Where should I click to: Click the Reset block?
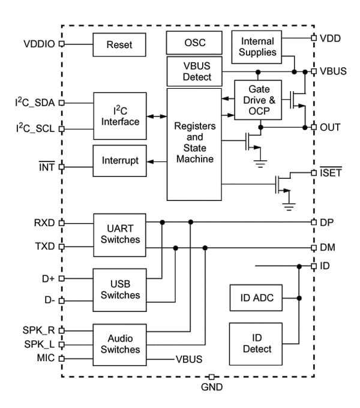pos(119,44)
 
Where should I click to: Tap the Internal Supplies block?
pos(257,47)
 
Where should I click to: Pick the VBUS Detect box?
pos(193,71)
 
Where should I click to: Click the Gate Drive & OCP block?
pos(259,100)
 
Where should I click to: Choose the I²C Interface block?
pos(119,116)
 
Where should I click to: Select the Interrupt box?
pos(119,161)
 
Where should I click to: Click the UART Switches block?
pos(119,233)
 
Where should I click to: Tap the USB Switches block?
pos(119,289)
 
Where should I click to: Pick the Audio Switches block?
pos(119,344)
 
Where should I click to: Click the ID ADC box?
pos(257,298)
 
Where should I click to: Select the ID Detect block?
pos(257,343)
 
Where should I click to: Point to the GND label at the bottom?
pos(211,387)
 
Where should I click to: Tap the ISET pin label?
pos(331,173)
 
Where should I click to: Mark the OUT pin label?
pos(331,127)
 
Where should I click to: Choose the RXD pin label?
pos(44,223)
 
